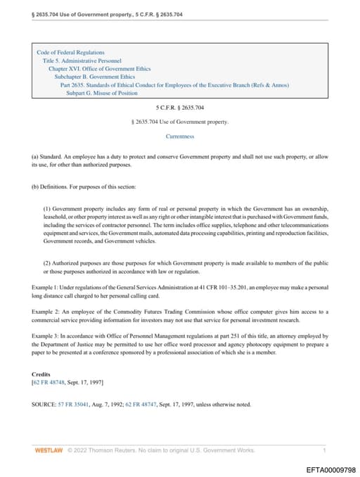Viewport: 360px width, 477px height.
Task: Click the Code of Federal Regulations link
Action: [x=70, y=52]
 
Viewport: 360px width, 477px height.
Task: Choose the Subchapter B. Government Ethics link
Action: [x=97, y=77]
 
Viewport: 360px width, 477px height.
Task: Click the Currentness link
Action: [x=179, y=136]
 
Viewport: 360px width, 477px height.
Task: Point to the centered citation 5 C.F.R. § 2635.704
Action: [x=179, y=107]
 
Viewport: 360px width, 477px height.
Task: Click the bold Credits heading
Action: [x=41, y=374]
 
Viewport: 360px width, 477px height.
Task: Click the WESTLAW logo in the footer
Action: [x=49, y=450]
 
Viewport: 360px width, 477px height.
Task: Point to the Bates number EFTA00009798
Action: [x=330, y=469]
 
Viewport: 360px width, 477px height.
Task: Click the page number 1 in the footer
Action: [x=324, y=450]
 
